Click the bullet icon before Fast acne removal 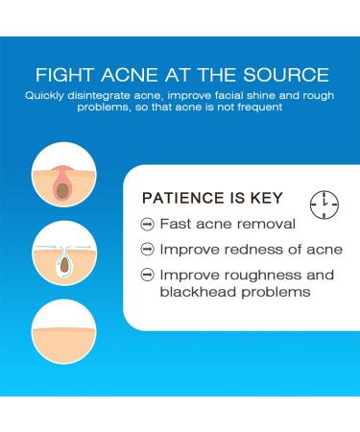[147, 226]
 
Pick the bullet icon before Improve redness [147, 251]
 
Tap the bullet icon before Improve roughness [147, 276]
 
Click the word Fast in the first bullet [176, 226]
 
